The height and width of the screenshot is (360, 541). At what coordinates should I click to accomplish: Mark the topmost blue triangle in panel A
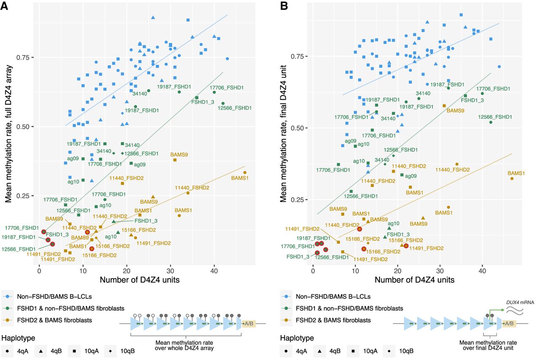153,17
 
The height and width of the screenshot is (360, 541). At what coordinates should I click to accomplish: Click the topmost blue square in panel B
461,15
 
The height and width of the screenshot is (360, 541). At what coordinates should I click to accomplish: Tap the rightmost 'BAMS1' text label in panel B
516,173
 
